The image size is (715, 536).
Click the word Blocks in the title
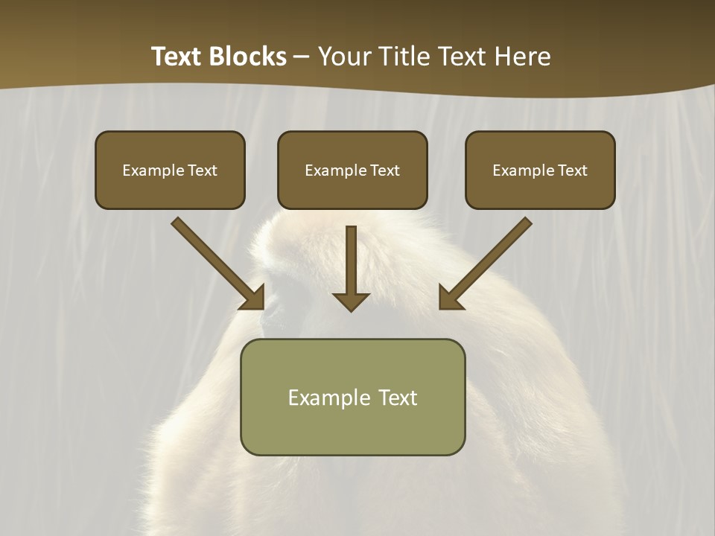tap(248, 57)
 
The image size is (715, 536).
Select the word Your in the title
tap(344, 57)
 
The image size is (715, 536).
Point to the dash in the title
tap(302, 57)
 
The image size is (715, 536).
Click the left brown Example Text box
tap(170, 170)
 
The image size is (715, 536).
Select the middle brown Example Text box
tap(352, 170)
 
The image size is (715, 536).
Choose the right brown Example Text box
tap(540, 170)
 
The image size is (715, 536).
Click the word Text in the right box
tap(571, 170)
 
